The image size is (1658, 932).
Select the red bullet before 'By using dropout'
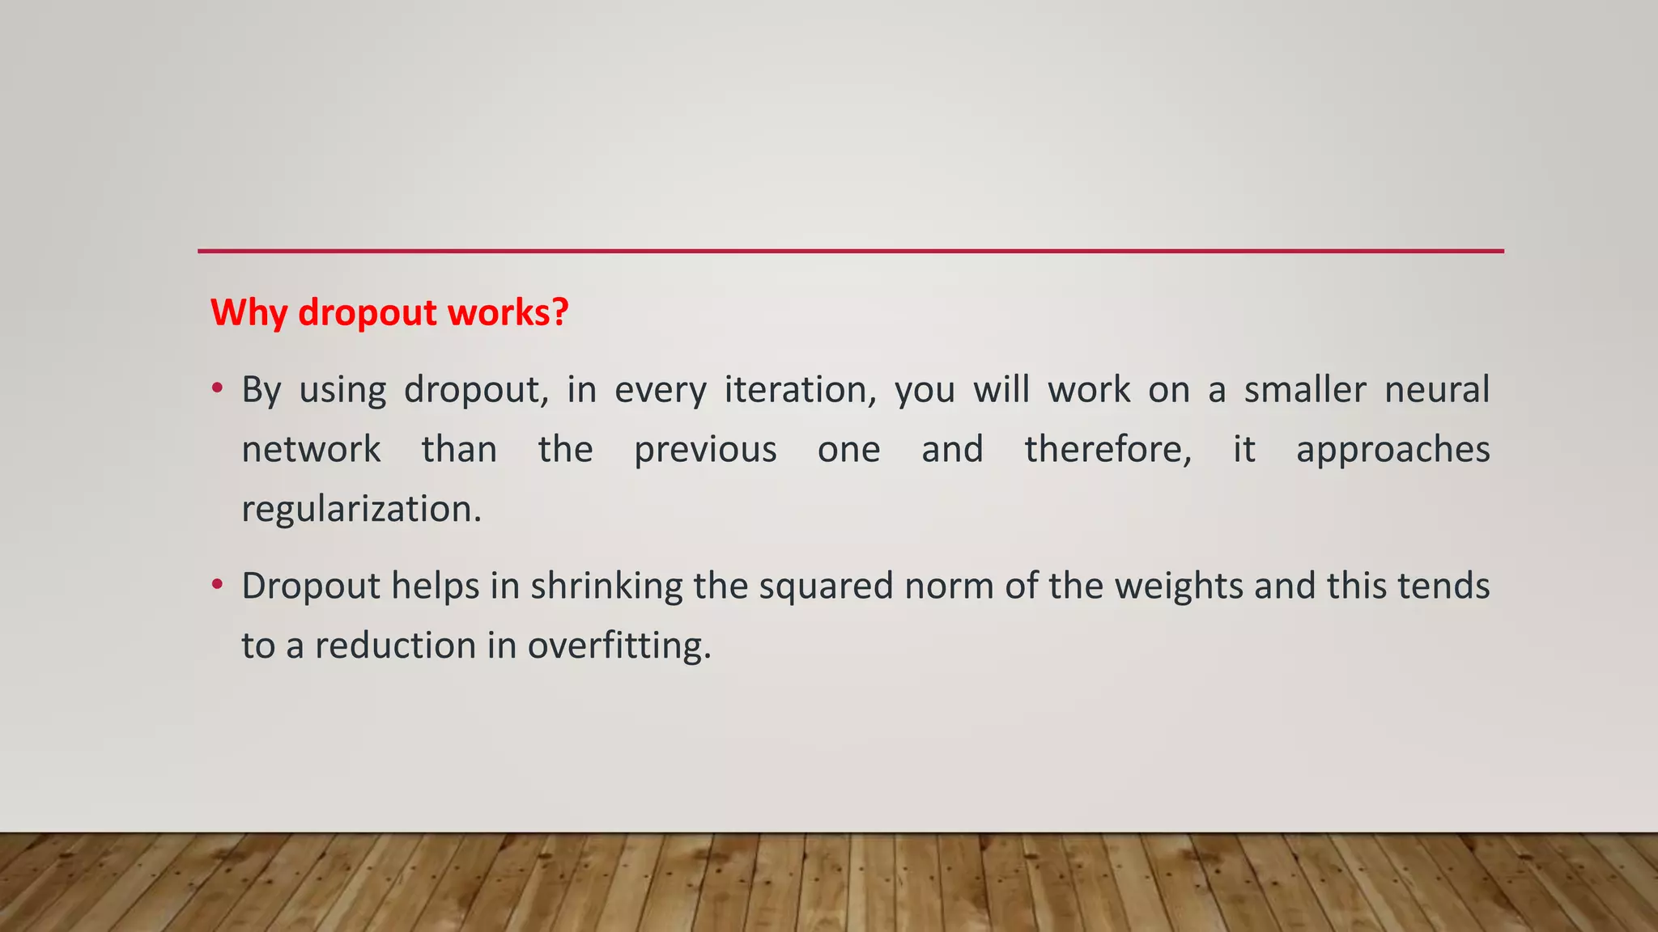coord(217,388)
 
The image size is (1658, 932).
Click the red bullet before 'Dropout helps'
coord(217,584)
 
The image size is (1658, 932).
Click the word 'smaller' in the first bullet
coord(1305,390)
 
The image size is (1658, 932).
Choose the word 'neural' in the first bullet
coord(1437,390)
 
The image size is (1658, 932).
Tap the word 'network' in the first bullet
coord(312,450)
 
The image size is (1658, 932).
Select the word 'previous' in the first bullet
coord(705,450)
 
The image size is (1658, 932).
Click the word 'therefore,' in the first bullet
coord(1108,450)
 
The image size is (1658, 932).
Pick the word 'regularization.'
coord(361,510)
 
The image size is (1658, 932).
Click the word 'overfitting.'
coord(619,646)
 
